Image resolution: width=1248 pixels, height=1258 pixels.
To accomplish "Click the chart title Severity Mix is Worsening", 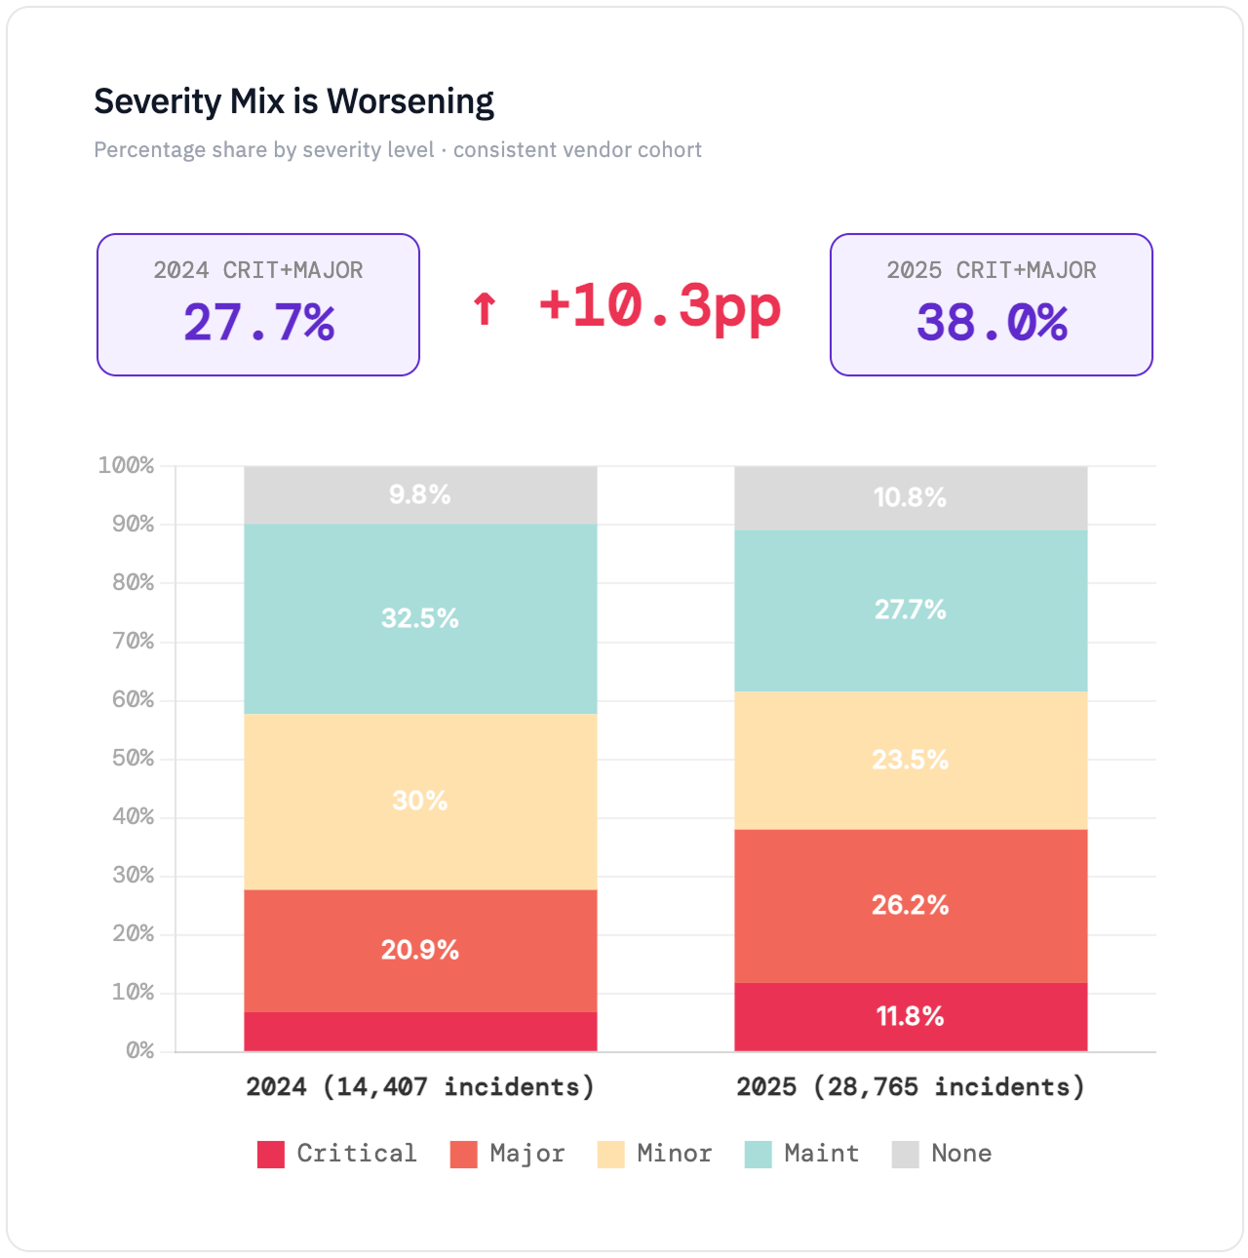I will (293, 101).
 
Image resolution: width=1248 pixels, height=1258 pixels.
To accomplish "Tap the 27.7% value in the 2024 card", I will (258, 322).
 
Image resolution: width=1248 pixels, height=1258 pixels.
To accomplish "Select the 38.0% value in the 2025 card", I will (992, 322).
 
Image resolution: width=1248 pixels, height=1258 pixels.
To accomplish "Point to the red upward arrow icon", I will (485, 308).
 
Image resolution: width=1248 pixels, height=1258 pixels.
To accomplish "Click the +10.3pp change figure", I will (660, 306).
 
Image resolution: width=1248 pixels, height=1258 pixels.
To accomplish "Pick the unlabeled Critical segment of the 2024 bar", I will (420, 1032).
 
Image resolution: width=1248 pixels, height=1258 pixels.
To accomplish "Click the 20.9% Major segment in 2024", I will (420, 950).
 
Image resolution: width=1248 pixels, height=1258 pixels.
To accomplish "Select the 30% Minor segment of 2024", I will (420, 801).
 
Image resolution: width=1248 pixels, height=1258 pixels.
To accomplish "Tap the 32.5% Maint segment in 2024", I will (420, 618).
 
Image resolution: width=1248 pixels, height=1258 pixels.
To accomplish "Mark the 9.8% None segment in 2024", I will (420, 494).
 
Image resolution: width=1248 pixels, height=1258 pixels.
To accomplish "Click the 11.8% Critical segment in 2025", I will (910, 1016).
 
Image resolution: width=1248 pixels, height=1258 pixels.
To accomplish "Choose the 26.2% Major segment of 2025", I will (910, 905).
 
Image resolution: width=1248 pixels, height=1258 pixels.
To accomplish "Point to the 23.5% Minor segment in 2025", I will (910, 760).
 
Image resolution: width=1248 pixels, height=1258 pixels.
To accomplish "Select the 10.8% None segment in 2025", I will (910, 497).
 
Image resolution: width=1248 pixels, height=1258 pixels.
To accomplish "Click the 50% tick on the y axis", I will (134, 758).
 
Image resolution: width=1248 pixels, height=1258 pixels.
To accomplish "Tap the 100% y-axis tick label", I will (127, 465).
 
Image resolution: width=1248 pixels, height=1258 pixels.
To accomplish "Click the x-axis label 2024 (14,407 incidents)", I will (420, 1086).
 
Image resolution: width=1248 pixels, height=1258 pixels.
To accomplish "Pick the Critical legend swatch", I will (271, 1154).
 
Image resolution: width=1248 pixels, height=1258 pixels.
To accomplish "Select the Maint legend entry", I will (801, 1154).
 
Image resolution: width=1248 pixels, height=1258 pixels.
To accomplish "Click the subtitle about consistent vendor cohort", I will (398, 150).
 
